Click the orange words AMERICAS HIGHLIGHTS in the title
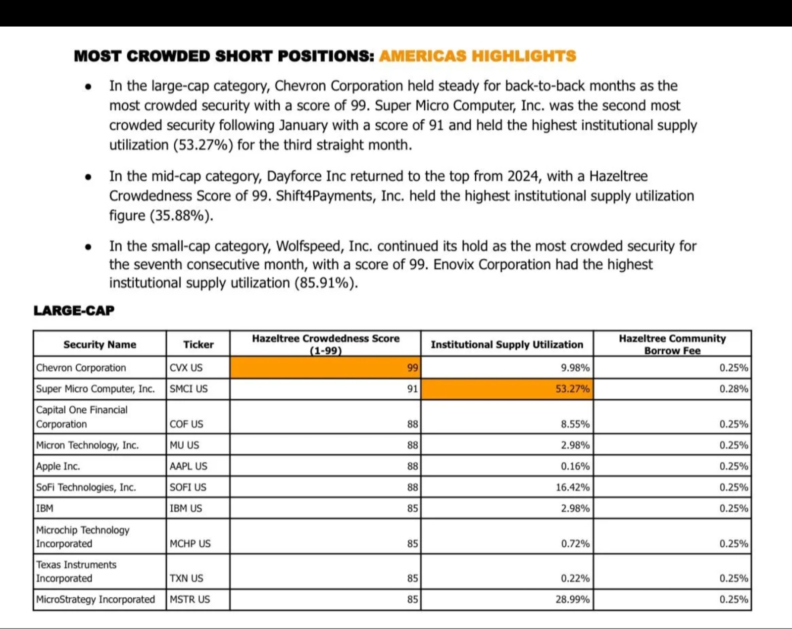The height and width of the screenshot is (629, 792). pos(477,56)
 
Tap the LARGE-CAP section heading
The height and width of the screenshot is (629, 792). pos(74,310)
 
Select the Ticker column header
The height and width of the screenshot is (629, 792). pos(198,344)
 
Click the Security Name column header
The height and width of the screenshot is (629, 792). pos(99,344)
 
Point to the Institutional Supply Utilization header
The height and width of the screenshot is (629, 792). pos(507,344)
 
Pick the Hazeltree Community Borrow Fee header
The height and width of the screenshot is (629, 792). pos(672,344)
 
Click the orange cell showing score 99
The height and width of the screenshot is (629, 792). pos(325,368)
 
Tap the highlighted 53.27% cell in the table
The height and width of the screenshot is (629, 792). pos(507,389)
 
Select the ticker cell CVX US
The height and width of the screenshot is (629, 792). pos(186,368)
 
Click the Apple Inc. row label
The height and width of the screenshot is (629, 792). pos(58,466)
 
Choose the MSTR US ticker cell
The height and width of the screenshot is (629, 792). pos(190,599)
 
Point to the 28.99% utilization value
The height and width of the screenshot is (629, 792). pos(572,599)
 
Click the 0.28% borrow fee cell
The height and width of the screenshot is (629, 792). pos(733,389)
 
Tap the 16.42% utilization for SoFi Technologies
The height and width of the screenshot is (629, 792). pos(572,487)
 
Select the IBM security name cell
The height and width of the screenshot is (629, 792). pos(45,508)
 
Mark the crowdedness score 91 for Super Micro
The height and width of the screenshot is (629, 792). pos(412,389)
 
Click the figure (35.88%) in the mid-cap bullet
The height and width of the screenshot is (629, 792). pos(181,216)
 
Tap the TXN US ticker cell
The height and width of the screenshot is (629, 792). pos(186,578)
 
